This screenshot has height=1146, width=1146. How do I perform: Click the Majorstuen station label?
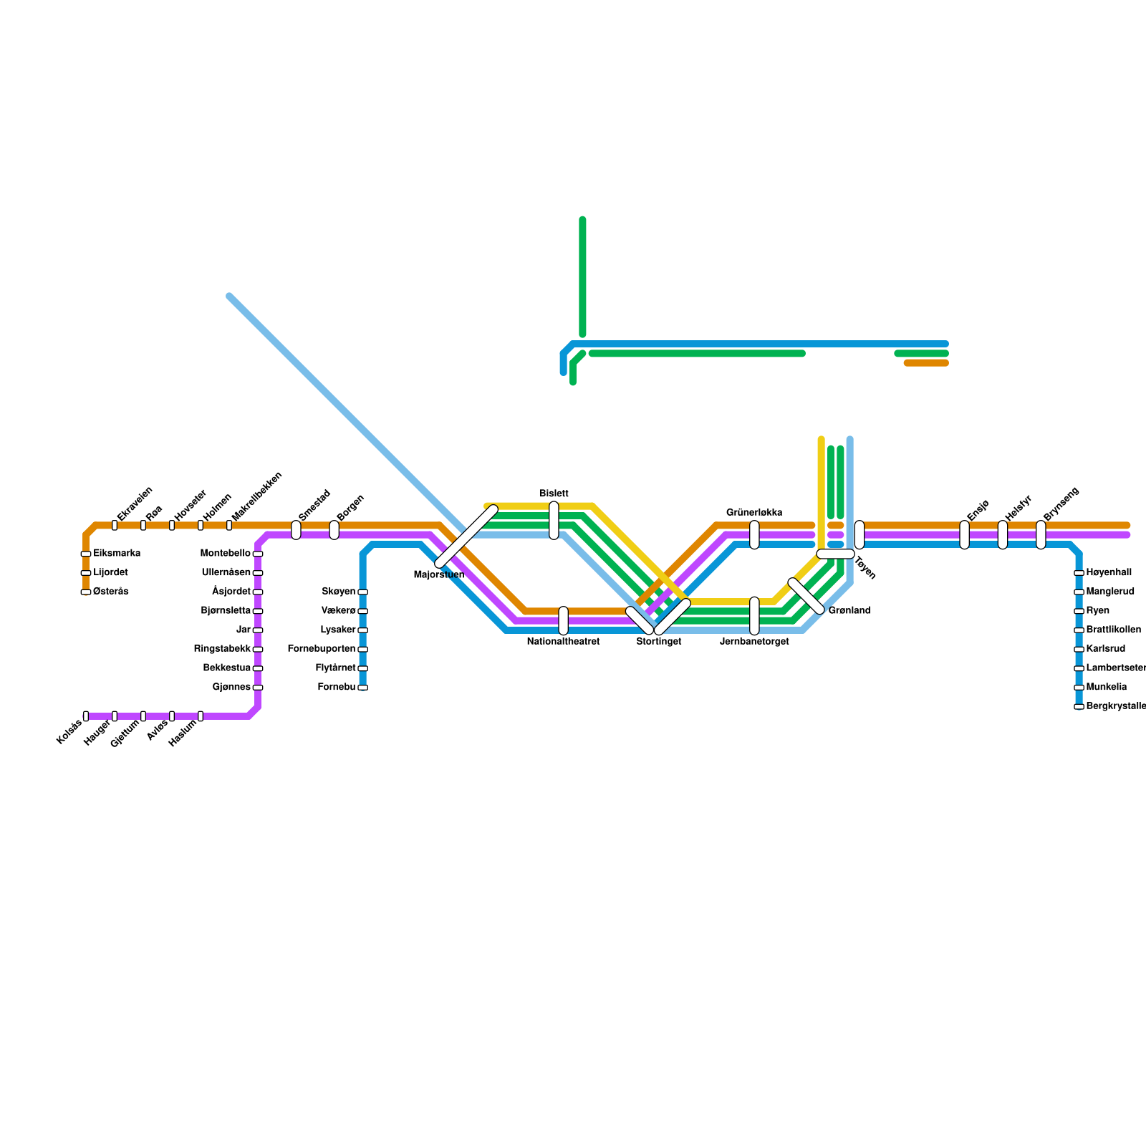[x=439, y=574]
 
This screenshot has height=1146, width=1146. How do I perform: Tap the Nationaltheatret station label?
[x=563, y=642]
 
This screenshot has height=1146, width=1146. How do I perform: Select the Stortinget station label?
[x=658, y=642]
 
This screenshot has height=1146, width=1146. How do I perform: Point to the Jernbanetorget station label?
[x=754, y=642]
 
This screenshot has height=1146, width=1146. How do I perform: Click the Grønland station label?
[x=849, y=611]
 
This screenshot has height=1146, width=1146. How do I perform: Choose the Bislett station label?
[x=554, y=493]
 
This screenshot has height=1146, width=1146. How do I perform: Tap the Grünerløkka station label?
[x=754, y=513]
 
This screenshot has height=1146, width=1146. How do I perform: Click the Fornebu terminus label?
[x=337, y=688]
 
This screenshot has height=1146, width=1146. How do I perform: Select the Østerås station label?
[x=111, y=592]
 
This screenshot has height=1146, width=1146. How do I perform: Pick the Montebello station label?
[x=226, y=554]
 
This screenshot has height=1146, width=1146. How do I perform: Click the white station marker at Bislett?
[x=554, y=521]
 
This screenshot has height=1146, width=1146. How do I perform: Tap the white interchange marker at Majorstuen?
[x=466, y=536]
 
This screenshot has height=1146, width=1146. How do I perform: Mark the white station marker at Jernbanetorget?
[x=754, y=615]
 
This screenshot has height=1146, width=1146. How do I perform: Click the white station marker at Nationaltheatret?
[x=563, y=620]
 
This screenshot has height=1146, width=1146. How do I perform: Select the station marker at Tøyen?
[x=835, y=554]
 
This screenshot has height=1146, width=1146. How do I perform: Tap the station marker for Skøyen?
[x=362, y=592]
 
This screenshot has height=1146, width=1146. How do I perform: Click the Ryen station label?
[x=1097, y=611]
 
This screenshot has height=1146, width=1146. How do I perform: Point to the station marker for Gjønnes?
[x=258, y=688]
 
